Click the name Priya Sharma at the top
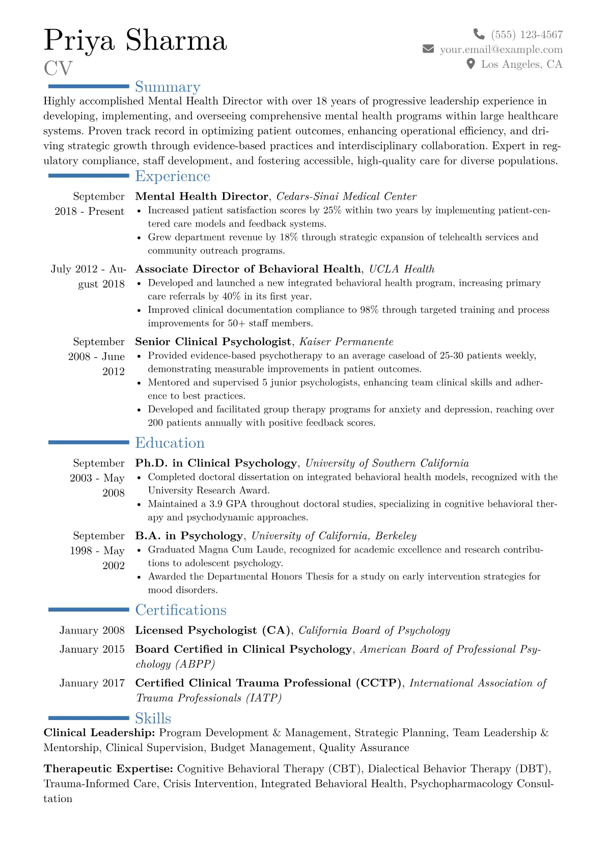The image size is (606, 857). [135, 41]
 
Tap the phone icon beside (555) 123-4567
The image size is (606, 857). [479, 34]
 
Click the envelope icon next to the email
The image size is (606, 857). [428, 49]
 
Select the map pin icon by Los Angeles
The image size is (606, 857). [471, 64]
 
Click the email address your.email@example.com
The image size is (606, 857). [501, 49]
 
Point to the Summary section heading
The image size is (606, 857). [168, 87]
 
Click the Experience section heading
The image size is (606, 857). [173, 176]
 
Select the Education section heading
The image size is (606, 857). [170, 443]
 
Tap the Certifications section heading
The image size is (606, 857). [181, 610]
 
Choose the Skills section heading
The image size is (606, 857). [153, 718]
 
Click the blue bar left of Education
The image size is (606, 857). [89, 443]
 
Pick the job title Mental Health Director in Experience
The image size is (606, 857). [202, 197]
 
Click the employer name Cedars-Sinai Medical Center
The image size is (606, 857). [346, 197]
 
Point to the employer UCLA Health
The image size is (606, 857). [402, 269]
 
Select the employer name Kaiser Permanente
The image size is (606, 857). [346, 342]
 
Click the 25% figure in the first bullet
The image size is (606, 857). [332, 210]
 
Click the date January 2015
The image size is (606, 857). [92, 649]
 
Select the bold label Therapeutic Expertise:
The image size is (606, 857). [108, 769]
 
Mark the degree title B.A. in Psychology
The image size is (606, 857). [189, 536]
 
